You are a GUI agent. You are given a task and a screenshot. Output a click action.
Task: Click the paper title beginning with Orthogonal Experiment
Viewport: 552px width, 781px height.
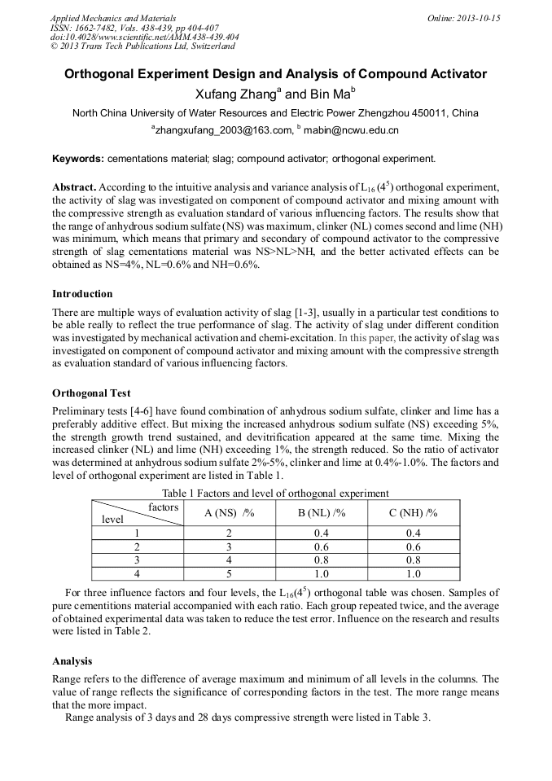(x=275, y=74)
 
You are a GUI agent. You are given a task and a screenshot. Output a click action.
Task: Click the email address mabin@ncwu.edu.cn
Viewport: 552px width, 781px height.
(x=351, y=130)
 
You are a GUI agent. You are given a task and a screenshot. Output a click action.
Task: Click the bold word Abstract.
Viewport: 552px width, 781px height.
(x=74, y=187)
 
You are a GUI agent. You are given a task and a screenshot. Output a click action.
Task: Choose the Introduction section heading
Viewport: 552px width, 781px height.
(x=82, y=294)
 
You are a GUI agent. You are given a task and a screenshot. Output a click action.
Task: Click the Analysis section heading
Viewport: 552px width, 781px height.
(x=72, y=661)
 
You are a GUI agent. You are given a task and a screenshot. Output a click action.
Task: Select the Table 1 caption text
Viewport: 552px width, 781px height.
(x=275, y=493)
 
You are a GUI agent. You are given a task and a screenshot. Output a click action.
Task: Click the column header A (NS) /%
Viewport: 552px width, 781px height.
(x=229, y=513)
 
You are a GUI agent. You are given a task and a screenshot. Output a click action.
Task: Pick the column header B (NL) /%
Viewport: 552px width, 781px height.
(x=322, y=513)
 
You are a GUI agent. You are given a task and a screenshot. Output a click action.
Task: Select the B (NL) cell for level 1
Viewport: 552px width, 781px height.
(x=322, y=533)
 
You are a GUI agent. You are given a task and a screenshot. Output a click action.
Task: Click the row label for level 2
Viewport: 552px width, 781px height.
(x=137, y=546)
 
